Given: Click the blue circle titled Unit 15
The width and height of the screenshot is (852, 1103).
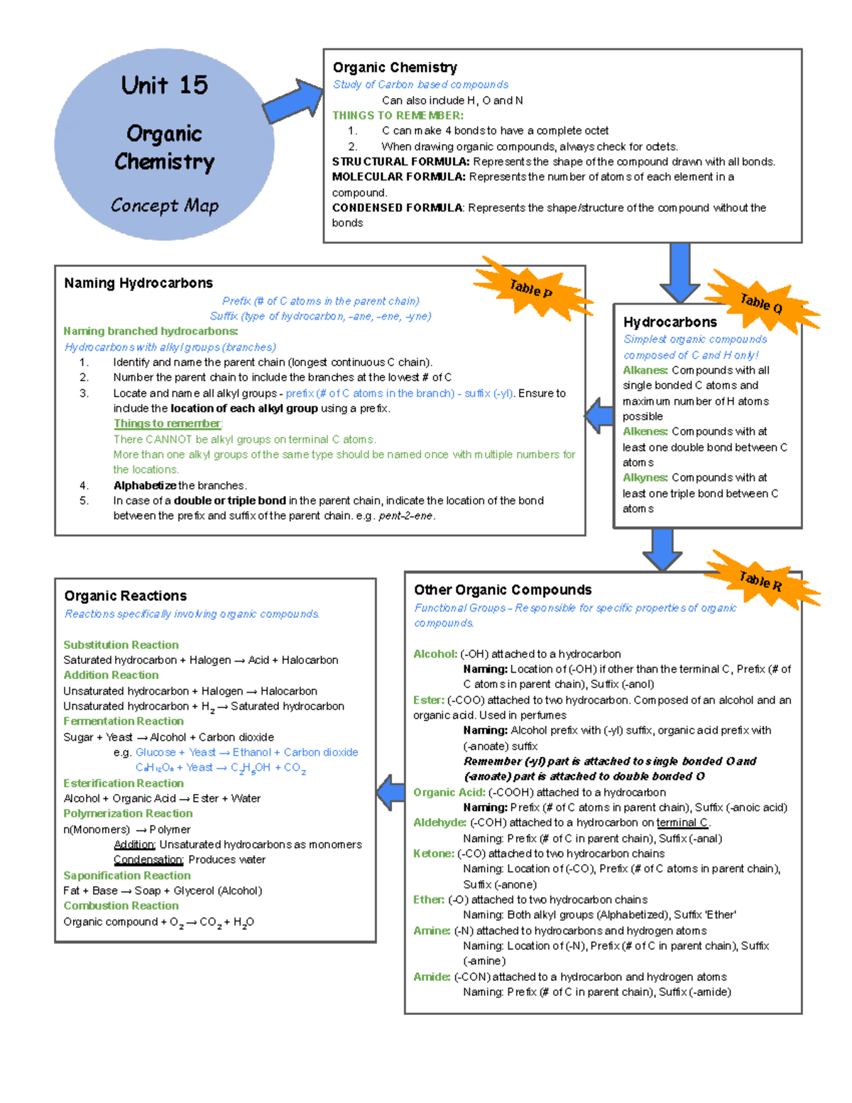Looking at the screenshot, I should click(164, 144).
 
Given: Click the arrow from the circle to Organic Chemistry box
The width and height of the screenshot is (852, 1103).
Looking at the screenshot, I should click(293, 102).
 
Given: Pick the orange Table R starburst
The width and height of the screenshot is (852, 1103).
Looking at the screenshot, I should click(761, 581).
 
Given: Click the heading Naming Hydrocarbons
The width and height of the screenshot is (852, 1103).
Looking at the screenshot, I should click(138, 283).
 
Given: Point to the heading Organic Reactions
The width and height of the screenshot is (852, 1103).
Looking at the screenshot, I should click(126, 596).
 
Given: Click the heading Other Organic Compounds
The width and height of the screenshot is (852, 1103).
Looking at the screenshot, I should click(503, 590).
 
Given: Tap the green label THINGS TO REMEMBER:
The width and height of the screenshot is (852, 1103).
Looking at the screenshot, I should click(398, 116).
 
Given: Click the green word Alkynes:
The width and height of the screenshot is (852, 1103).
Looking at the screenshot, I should click(645, 478).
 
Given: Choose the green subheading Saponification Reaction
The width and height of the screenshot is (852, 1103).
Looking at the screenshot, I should click(126, 876).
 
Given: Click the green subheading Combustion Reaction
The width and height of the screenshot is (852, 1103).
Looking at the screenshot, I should click(121, 906).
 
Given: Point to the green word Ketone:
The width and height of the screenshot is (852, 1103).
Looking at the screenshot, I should click(433, 854).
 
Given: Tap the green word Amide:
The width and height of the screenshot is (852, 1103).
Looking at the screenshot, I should click(431, 977).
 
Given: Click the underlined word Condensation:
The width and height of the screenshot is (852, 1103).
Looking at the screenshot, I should click(148, 860).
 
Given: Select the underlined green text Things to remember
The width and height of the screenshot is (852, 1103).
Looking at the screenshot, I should click(168, 424).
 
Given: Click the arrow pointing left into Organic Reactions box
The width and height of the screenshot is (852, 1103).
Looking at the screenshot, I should click(390, 793).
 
